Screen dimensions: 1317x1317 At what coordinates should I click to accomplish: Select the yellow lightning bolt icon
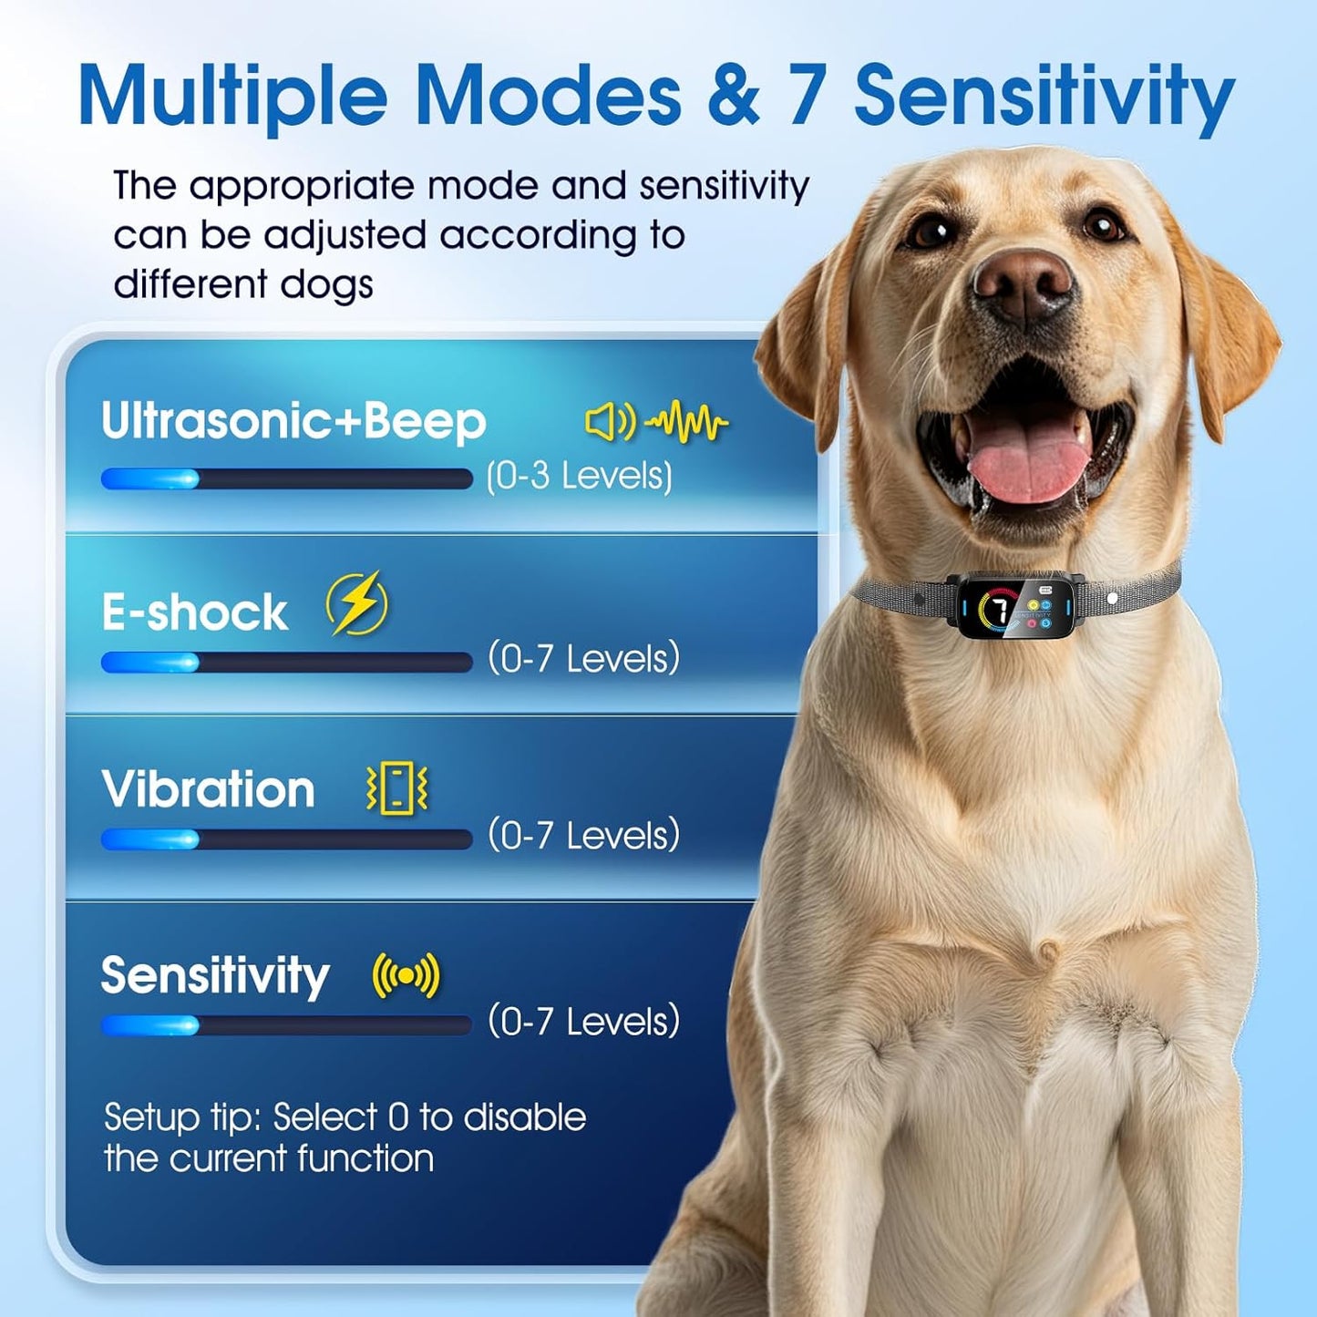pos(357,603)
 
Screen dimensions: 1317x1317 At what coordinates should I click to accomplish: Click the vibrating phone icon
pos(397,787)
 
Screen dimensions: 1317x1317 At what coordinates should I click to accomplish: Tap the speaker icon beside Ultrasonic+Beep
pos(609,422)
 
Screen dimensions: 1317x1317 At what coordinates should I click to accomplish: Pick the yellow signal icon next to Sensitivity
pos(406,975)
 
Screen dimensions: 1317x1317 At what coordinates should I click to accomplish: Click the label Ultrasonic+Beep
pos(293,421)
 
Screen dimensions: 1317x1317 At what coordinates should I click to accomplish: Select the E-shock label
pos(194,612)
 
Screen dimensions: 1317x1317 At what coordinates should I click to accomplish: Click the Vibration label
pos(208,789)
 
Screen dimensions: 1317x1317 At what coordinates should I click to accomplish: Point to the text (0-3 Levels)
pos(580,476)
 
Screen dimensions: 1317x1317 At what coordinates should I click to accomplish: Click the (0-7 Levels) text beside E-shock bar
pos(583,658)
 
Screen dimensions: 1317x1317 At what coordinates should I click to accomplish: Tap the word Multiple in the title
pos(233,96)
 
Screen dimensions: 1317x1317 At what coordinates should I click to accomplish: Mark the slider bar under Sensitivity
pos(286,1025)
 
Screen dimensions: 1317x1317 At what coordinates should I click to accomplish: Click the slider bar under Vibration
pos(286,839)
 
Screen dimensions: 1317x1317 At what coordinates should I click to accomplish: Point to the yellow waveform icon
pos(686,422)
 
